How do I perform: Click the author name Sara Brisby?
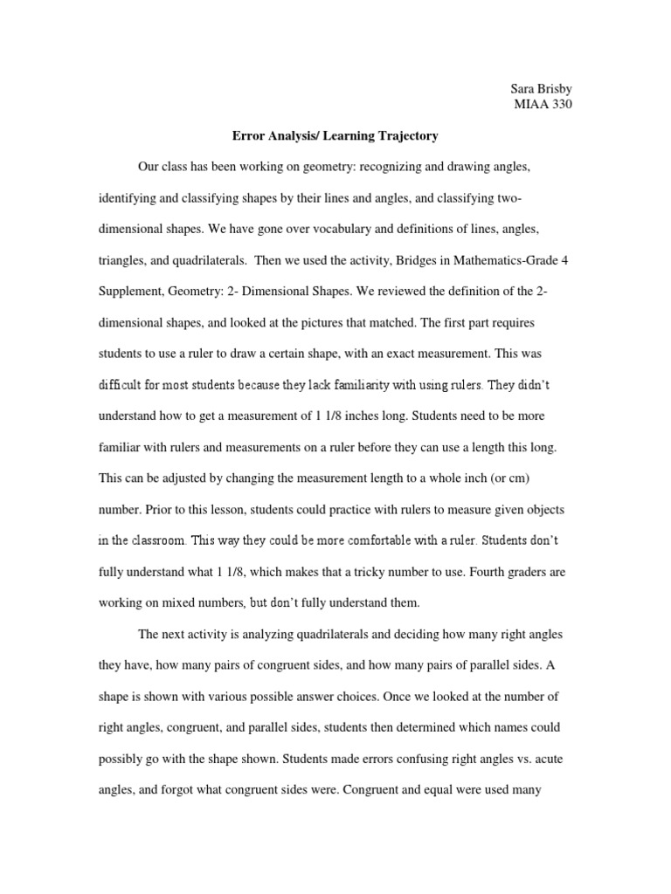click(540, 89)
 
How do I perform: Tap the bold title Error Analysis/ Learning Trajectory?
click(335, 136)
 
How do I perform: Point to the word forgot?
click(173, 790)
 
